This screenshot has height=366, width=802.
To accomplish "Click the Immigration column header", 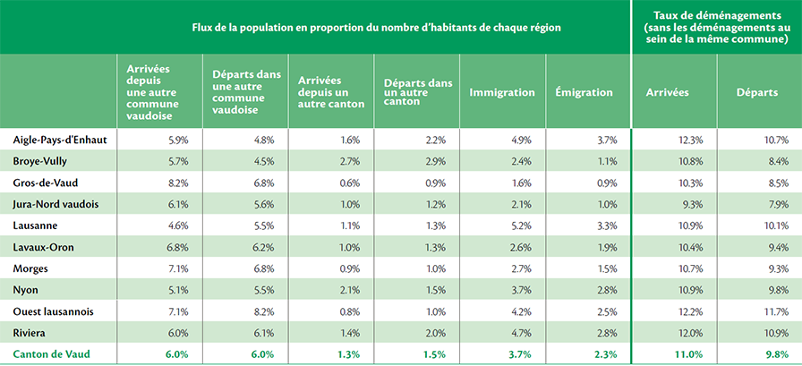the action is point(502,92).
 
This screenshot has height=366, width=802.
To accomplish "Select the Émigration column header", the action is point(584,92).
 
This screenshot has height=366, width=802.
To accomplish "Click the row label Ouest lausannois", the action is point(53,311).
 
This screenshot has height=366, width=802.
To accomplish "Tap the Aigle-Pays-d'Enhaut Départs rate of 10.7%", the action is point(778,140).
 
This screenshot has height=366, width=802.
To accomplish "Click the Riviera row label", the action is point(30,333).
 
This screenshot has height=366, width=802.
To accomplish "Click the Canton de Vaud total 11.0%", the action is point(692,354).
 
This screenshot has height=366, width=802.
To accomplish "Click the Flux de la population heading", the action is point(377,28).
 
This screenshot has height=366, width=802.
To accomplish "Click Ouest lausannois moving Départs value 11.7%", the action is point(778,311).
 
